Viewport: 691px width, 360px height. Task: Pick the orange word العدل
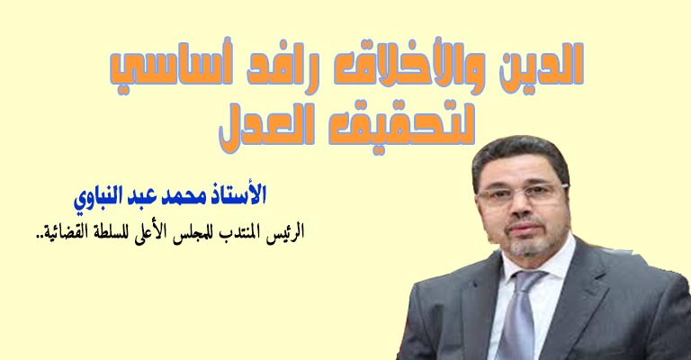(x=267, y=129)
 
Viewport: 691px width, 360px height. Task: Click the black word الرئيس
(x=288, y=232)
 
